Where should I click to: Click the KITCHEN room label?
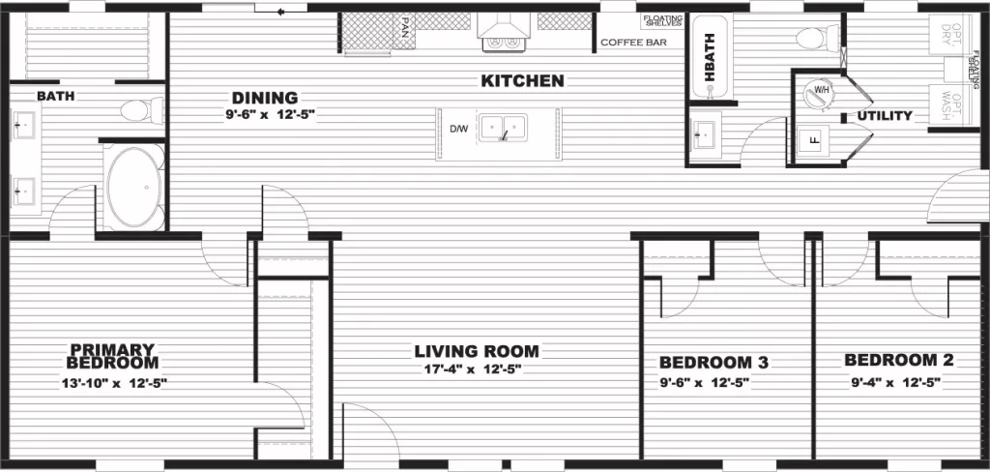coord(521,81)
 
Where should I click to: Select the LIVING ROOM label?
coord(477,351)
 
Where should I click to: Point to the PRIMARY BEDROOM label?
coord(112,356)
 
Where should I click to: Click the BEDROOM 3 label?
coord(713,363)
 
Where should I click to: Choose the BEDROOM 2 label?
coord(899,361)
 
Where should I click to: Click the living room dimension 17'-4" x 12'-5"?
coord(477,369)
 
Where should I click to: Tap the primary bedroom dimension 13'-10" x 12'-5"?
coord(112,383)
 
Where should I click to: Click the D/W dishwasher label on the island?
coord(458,128)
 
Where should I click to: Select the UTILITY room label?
coord(884,116)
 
